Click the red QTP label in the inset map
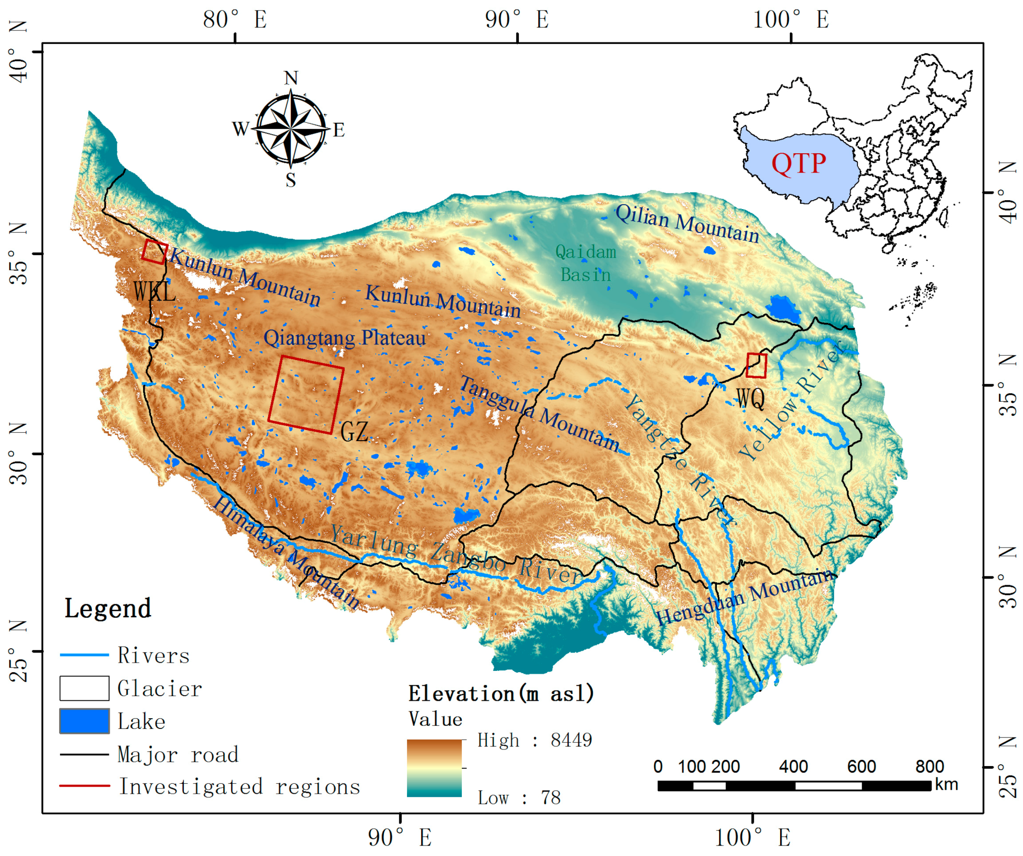tap(798, 163)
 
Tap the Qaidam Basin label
tap(586, 263)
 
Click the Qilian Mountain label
tap(687, 223)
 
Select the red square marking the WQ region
tap(757, 365)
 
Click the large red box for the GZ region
tap(306, 395)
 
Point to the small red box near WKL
tap(155, 252)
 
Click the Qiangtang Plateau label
tap(345, 338)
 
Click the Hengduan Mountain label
tap(745, 597)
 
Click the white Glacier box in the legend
tap(84, 688)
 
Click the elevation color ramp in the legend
tap(434, 768)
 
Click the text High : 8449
tap(534, 740)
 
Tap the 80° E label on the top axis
tap(235, 20)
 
